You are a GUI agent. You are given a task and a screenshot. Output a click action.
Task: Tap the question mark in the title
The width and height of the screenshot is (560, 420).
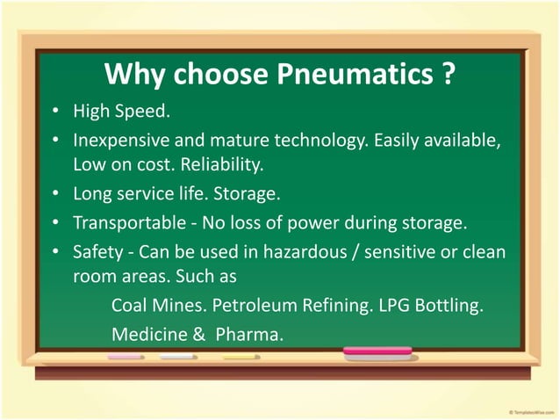(x=448, y=76)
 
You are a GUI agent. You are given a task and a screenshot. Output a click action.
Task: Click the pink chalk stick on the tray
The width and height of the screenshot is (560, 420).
(x=126, y=358)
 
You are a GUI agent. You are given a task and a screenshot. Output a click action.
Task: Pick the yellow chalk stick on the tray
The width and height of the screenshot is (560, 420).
(x=241, y=358)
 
